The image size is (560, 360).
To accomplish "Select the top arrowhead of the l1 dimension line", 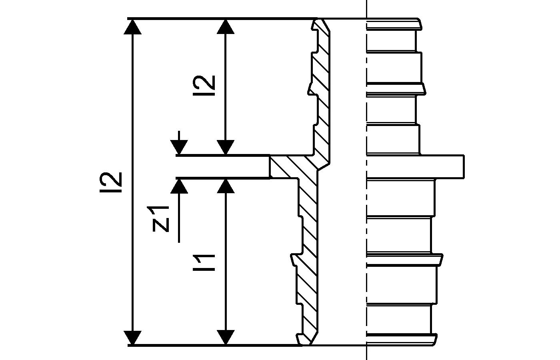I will click(227, 186).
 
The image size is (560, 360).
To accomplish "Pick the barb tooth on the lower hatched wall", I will click(296, 259).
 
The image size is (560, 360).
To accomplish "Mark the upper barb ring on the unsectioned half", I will click(394, 88).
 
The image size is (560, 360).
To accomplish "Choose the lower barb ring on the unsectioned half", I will click(404, 259).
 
